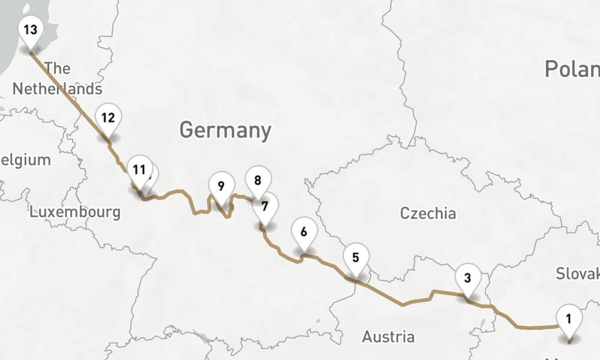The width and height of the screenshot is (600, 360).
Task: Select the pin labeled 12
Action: (108, 118)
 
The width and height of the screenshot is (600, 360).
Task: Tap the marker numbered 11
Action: (139, 170)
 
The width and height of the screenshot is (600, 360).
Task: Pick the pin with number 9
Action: (221, 185)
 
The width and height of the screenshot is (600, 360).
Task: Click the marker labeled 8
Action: (258, 180)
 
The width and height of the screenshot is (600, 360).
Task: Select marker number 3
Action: (467, 278)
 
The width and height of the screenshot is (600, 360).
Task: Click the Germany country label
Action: (225, 130)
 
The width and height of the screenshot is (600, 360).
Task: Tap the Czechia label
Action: (428, 213)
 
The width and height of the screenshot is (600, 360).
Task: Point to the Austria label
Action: (388, 337)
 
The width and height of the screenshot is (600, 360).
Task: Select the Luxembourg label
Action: (75, 212)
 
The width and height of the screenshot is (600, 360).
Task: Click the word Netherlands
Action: (57, 89)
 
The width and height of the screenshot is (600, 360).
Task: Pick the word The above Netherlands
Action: (58, 68)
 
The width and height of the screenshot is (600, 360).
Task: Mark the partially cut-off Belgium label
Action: (25, 160)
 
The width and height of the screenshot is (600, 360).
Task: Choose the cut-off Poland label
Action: (572, 70)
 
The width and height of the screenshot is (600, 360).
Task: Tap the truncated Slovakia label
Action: (577, 274)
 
